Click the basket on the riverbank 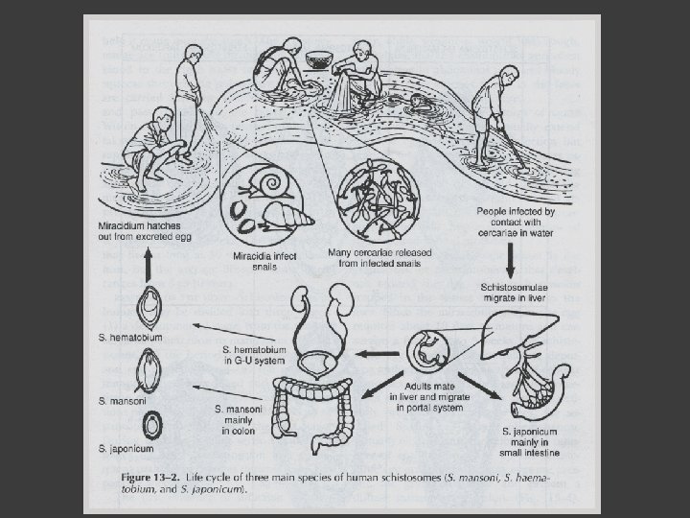315,60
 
